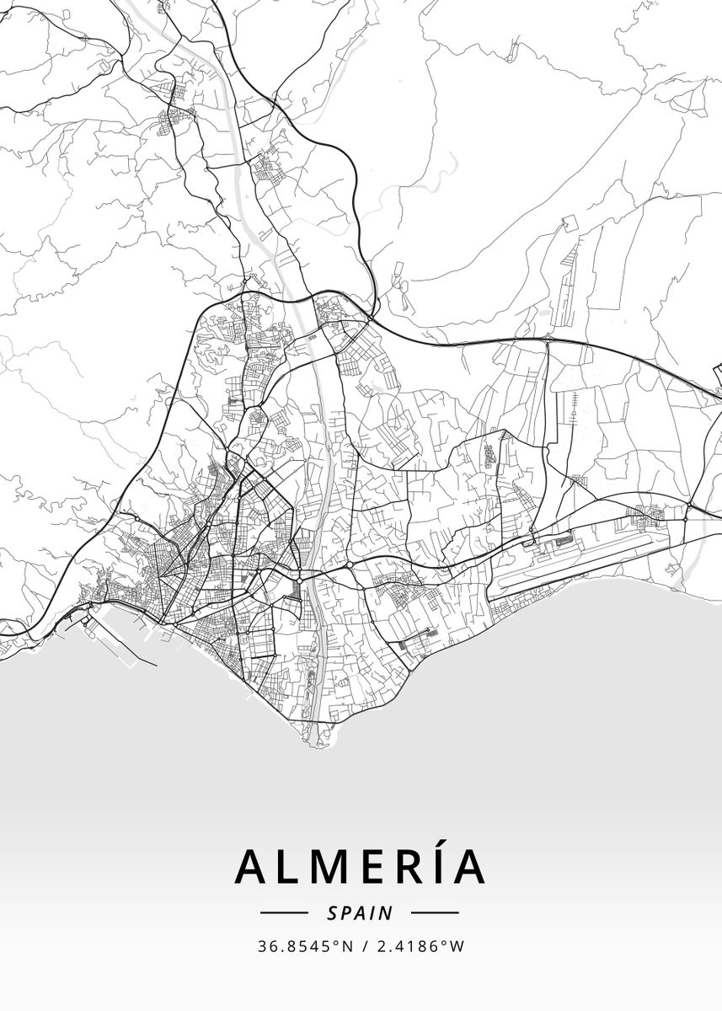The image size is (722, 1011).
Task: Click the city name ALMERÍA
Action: [x=361, y=866]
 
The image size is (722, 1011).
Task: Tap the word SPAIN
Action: [x=360, y=912]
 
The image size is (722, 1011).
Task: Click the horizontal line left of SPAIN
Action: [x=285, y=912]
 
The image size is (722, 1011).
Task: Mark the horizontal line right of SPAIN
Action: [x=435, y=912]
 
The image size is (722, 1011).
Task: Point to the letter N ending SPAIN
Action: [x=388, y=912]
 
